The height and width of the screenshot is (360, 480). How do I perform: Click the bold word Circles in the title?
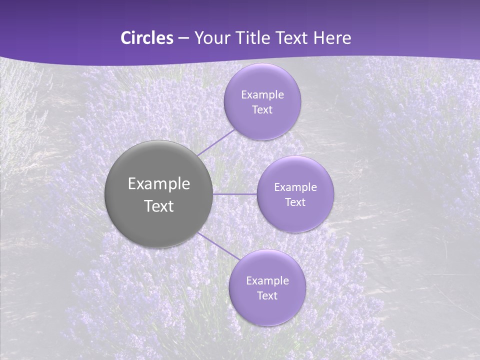(x=147, y=38)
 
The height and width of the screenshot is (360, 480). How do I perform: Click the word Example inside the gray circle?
(x=158, y=184)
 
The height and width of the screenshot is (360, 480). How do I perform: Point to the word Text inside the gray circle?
(x=158, y=206)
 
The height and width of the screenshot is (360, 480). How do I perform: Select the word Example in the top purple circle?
(x=262, y=95)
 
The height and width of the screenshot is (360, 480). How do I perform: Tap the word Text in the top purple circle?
(x=262, y=110)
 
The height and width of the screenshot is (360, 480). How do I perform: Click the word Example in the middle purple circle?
(x=295, y=187)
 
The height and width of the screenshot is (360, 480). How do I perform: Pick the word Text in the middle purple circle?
(x=295, y=202)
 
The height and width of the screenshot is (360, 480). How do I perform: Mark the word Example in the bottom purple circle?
(x=267, y=281)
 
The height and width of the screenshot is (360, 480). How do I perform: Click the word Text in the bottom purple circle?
(x=267, y=296)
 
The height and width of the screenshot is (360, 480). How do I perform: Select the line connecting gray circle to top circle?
(x=216, y=142)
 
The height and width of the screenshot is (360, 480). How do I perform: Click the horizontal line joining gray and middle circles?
(x=235, y=194)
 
